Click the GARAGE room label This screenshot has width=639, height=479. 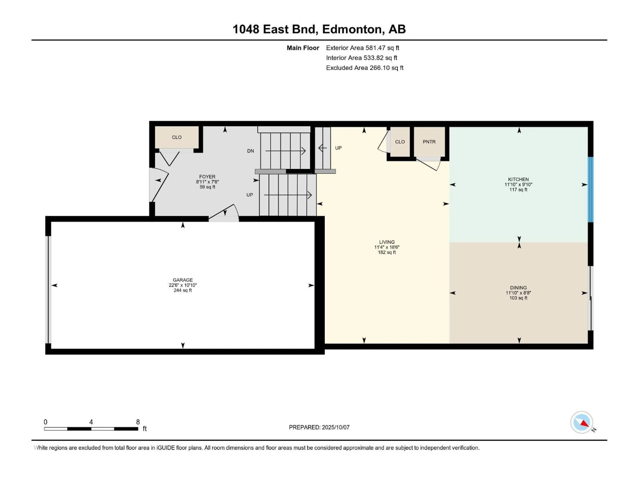click(183, 280)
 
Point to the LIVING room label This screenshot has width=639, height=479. click(387, 242)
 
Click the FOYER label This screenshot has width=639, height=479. click(207, 177)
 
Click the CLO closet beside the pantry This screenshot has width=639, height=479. click(400, 142)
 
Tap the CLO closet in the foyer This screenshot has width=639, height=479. click(177, 137)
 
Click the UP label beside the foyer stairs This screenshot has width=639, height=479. click(250, 195)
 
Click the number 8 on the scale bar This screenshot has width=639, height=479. click(138, 422)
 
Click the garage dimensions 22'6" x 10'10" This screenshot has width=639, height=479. click(183, 285)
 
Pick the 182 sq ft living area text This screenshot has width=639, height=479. click(387, 252)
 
